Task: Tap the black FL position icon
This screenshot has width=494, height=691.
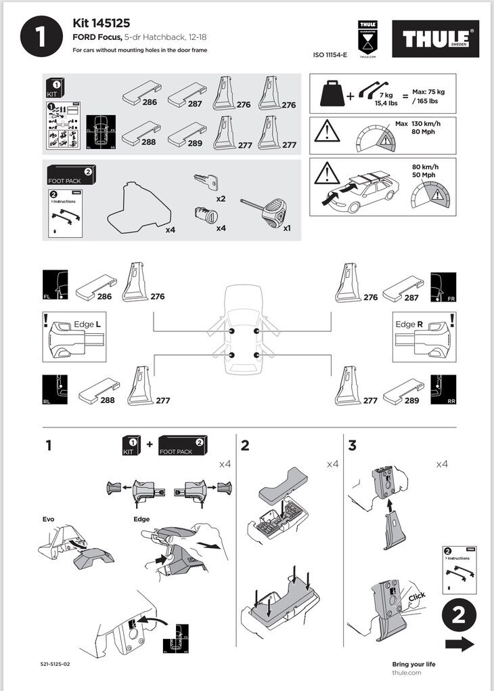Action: coord(55,285)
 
